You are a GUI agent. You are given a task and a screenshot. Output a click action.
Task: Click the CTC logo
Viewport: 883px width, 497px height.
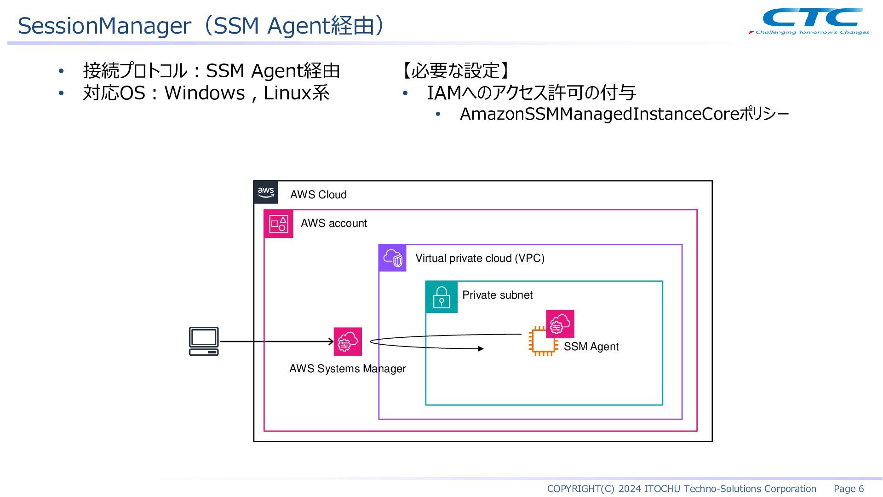point(809,21)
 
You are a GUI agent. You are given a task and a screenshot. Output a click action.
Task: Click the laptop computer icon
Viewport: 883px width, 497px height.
point(204,341)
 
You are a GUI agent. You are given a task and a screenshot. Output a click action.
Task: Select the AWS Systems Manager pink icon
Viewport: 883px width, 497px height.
point(348,341)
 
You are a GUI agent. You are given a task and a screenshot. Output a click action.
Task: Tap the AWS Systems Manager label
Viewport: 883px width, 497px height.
point(348,369)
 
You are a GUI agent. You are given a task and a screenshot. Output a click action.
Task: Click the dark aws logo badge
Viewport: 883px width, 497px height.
point(266,192)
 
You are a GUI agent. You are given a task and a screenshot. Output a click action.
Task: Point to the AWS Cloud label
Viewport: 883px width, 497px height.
point(318,195)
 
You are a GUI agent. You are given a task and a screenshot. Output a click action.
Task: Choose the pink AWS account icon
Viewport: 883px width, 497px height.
point(278,224)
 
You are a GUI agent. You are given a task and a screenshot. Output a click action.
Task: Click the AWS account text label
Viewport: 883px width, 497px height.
point(334,223)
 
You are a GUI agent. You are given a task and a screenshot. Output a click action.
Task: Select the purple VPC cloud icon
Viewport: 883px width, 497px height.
point(393,258)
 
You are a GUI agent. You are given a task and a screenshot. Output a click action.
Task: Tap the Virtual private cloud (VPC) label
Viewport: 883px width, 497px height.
point(480,258)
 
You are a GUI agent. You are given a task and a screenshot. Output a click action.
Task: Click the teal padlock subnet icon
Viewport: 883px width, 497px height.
point(441,297)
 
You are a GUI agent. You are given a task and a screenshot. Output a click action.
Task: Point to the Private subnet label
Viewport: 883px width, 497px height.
point(497,295)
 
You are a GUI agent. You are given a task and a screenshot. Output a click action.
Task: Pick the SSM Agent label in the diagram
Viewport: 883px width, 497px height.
point(591,347)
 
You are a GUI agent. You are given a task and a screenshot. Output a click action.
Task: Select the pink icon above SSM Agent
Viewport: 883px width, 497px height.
point(560,324)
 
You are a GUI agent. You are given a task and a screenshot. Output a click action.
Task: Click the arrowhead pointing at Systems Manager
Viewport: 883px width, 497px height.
point(331,341)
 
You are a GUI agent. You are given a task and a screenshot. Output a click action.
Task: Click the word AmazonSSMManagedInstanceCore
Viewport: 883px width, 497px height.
point(599,114)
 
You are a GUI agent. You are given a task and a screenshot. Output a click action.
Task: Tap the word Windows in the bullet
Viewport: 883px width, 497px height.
point(205,93)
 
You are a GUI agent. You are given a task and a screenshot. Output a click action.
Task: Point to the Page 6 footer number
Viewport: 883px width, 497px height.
point(849,489)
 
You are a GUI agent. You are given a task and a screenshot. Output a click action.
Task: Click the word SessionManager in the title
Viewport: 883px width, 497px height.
point(104,26)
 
